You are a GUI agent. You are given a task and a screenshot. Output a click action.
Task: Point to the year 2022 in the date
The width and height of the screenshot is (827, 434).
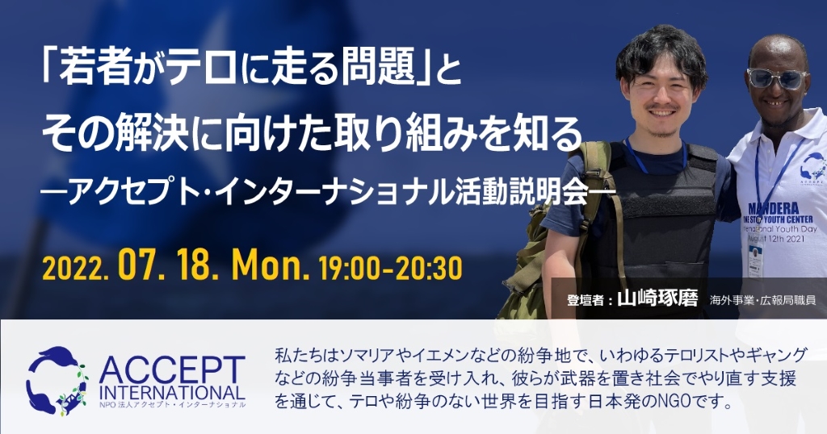(x=73, y=269)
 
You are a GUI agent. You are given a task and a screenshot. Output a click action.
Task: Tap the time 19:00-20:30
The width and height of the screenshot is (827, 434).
(x=390, y=268)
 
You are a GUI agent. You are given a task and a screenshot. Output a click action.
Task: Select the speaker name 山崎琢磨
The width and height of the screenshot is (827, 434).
(x=657, y=298)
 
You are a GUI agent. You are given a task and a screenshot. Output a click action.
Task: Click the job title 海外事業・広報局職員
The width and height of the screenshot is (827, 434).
(x=762, y=300)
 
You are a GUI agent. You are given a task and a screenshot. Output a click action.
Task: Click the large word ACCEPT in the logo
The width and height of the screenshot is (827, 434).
(x=172, y=370)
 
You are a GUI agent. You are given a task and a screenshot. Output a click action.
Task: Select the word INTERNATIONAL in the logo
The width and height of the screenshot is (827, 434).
(x=172, y=392)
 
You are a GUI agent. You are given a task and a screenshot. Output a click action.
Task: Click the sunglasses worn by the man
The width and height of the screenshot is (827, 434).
(x=776, y=78)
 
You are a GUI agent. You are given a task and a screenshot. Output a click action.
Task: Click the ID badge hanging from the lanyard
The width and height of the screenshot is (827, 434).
(x=755, y=260)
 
